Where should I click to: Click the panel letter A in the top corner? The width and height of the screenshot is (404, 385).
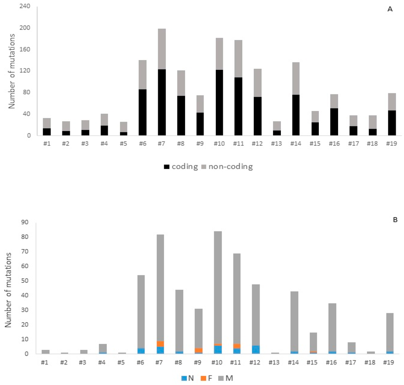390,9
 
